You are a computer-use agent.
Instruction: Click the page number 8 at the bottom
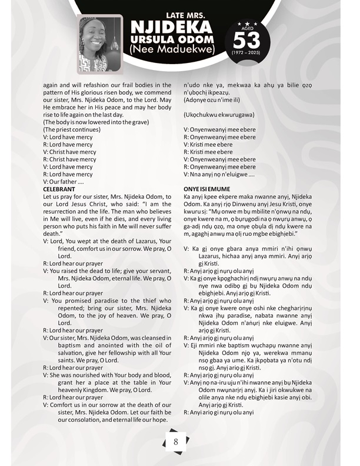(x=175, y=442)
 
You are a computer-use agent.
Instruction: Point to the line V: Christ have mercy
(x=69, y=152)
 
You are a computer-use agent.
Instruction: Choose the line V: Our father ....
(x=65, y=181)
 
